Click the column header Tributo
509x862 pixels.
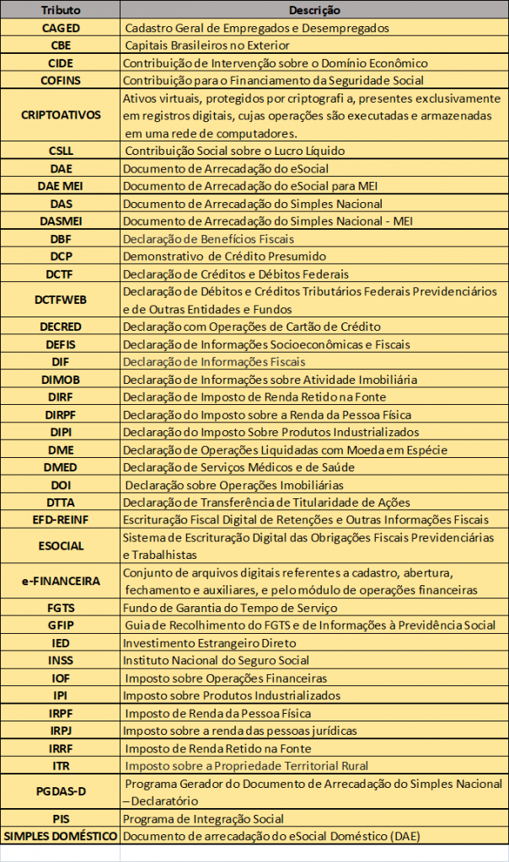pyautogui.click(x=60, y=10)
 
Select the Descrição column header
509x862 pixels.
pyautogui.click(x=313, y=10)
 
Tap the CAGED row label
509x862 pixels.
pyautogui.click(x=60, y=28)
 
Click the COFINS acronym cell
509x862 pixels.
pyautogui.click(x=60, y=81)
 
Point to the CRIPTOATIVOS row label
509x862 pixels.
pyautogui.click(x=60, y=115)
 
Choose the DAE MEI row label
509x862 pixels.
pyautogui.click(x=60, y=186)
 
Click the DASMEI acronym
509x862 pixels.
pyautogui.click(x=60, y=221)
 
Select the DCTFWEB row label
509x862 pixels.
pyautogui.click(x=60, y=300)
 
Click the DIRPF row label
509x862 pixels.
pyautogui.click(x=60, y=414)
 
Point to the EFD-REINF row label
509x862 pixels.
pyautogui.click(x=60, y=519)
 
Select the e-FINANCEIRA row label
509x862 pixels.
pyautogui.click(x=60, y=581)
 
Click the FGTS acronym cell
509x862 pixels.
pyautogui.click(x=60, y=608)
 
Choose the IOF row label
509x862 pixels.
pyautogui.click(x=60, y=678)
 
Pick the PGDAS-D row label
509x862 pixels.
pyautogui.click(x=60, y=792)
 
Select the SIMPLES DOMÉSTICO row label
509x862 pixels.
pyautogui.click(x=60, y=836)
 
